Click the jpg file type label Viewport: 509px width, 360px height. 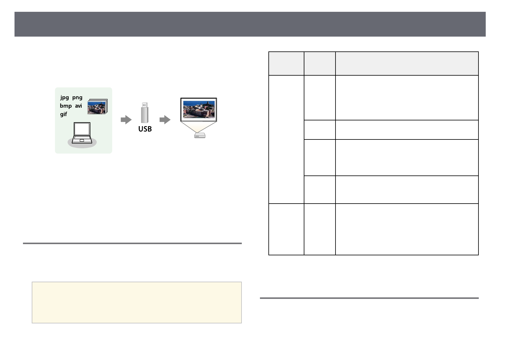point(64,97)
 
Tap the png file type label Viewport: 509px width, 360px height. point(77,97)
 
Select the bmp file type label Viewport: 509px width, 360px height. point(66,106)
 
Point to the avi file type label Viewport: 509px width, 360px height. point(78,106)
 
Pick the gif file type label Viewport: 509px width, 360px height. point(63,114)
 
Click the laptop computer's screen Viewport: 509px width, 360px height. point(82,129)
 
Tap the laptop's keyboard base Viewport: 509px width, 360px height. point(82,140)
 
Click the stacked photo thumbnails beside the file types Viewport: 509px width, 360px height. point(97,106)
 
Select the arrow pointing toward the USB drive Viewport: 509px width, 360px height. point(126,120)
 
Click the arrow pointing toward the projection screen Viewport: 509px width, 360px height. point(165,120)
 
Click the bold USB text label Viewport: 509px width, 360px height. point(145,129)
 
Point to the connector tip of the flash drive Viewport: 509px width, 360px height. point(145,105)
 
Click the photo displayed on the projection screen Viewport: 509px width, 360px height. point(199,109)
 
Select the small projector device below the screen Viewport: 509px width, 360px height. point(199,136)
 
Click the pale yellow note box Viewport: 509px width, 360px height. point(137,303)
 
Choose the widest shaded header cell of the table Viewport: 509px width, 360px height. point(407,64)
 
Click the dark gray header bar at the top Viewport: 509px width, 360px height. point(250,24)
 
